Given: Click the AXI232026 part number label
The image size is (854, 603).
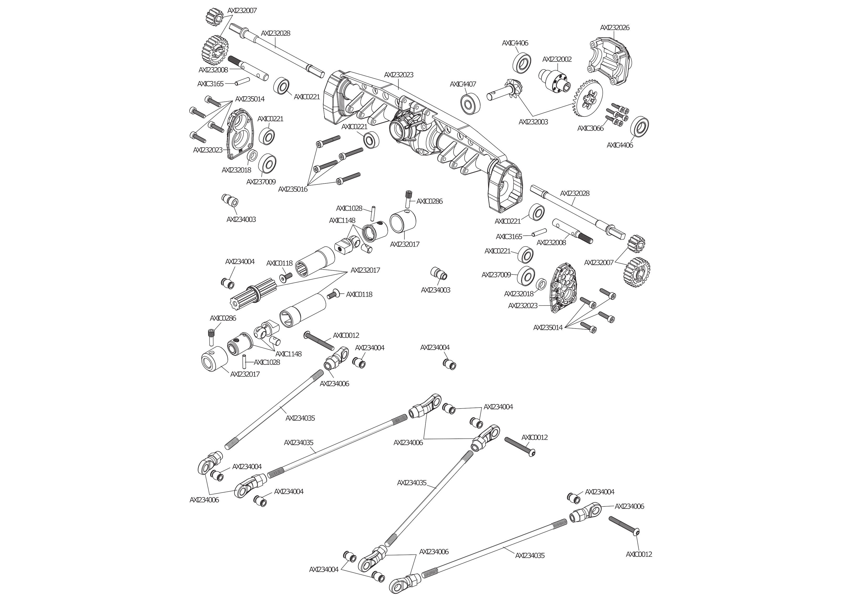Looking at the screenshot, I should [614, 28].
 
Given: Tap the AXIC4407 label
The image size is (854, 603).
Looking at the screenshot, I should [463, 84].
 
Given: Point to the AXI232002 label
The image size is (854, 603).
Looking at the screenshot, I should [557, 60].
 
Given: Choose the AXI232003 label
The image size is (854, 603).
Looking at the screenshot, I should [533, 122].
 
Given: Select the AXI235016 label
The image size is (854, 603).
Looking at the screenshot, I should [293, 189].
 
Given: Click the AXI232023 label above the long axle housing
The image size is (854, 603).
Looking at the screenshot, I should [398, 75].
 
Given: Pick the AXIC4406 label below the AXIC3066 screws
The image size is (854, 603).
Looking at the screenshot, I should [620, 145].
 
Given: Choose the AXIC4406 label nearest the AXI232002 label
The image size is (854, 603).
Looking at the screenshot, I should [515, 43].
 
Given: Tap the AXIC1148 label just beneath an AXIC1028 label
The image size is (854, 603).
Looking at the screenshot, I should [342, 221].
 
